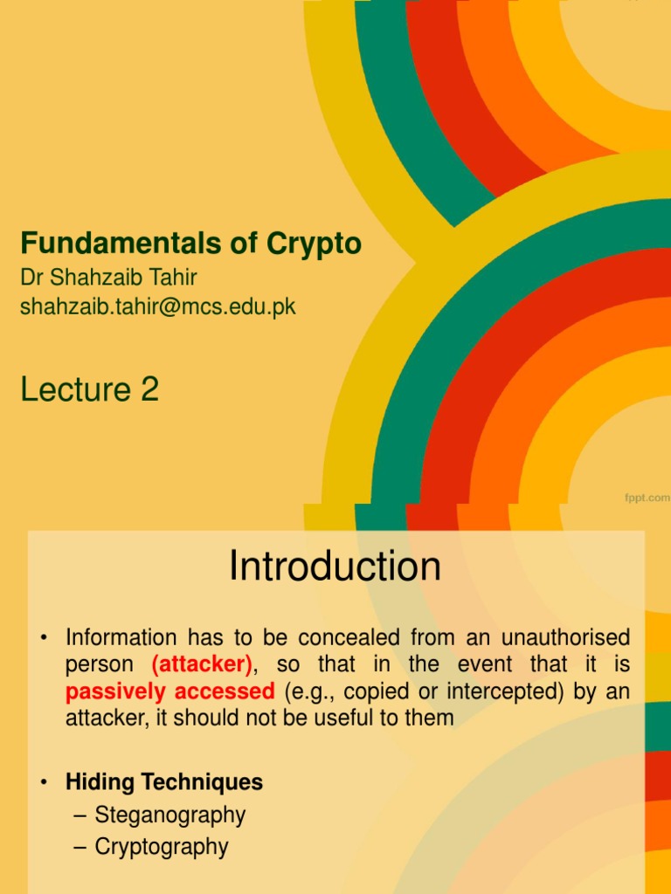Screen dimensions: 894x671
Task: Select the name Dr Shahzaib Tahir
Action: [109, 278]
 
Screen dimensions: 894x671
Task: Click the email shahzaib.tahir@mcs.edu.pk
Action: [158, 306]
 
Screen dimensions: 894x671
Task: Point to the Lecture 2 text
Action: [90, 389]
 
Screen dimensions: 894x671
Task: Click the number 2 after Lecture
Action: [149, 389]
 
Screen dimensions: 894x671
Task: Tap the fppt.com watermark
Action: [647, 498]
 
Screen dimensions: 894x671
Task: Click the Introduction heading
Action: [335, 567]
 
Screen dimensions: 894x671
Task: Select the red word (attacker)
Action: [202, 664]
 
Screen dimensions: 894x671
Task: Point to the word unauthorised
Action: [564, 636]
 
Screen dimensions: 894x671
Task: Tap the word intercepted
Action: [477, 691]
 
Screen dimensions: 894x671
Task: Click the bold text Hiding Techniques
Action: [164, 781]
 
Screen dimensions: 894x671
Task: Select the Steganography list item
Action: [170, 815]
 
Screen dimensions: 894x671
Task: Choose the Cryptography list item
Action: [162, 846]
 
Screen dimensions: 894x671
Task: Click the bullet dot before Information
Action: [43, 637]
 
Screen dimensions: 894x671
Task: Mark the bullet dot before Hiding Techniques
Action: [43, 782]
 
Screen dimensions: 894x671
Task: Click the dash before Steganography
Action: [80, 815]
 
